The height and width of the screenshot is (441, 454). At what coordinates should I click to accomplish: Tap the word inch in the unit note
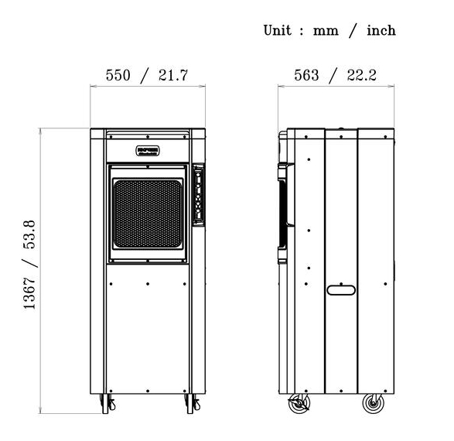[x=379, y=30]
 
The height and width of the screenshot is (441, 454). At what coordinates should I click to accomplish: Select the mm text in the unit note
[x=323, y=31]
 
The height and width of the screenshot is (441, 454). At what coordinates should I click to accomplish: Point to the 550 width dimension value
[x=121, y=75]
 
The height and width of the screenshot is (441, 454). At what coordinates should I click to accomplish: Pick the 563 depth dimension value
[x=308, y=75]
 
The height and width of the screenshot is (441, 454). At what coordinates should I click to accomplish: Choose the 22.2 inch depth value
[x=361, y=75]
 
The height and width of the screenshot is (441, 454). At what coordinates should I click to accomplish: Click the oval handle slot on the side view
[x=340, y=290]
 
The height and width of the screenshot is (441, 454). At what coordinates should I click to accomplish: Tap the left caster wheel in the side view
[x=299, y=404]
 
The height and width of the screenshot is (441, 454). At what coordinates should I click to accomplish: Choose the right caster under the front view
[x=191, y=403]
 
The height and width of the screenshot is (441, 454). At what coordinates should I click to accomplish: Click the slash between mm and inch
[x=352, y=30]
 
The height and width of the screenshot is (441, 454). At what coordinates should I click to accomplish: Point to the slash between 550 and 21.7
[x=146, y=75]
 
